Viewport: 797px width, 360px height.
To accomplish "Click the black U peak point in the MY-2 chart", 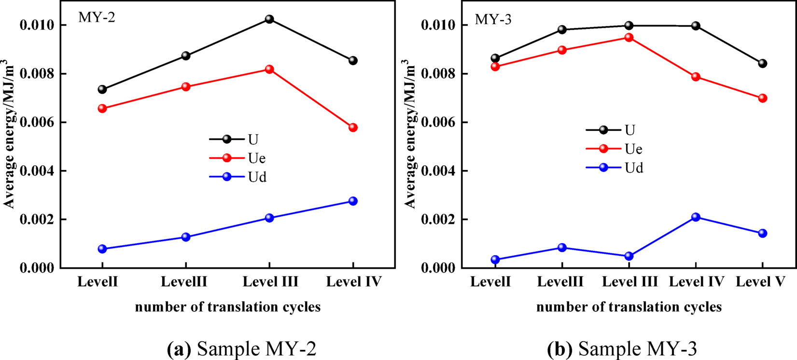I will [x=269, y=19].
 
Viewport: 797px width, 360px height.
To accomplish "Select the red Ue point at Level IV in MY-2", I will [x=353, y=127].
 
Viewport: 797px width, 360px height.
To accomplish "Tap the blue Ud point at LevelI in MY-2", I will [x=102, y=249].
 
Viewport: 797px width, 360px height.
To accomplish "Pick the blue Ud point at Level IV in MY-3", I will [x=696, y=217].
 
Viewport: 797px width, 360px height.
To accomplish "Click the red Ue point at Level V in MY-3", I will [x=763, y=98].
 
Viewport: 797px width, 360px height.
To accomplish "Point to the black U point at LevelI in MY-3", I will [x=495, y=58].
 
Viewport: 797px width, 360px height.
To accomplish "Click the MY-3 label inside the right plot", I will [x=493, y=19].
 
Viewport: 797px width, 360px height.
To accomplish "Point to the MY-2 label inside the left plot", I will [x=97, y=18].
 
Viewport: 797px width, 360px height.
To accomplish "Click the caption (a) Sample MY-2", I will [x=241, y=348].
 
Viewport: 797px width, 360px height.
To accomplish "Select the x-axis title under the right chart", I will [x=629, y=307].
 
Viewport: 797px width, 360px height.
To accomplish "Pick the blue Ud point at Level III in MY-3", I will [x=629, y=256].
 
